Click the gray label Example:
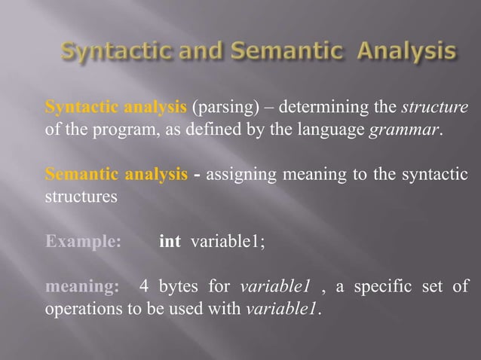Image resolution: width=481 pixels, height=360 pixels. (x=83, y=243)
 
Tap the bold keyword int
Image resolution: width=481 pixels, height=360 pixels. (x=170, y=243)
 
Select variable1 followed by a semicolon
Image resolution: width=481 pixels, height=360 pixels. (x=228, y=243)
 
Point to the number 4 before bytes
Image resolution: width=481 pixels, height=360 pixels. (x=143, y=287)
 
